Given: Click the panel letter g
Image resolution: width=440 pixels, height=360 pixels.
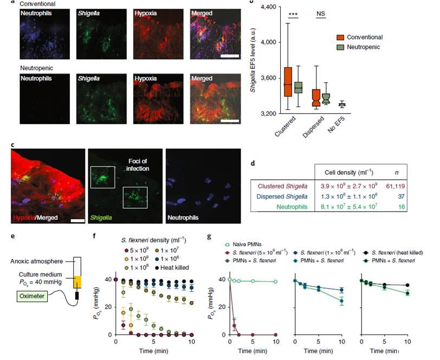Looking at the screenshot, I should point(225,237).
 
